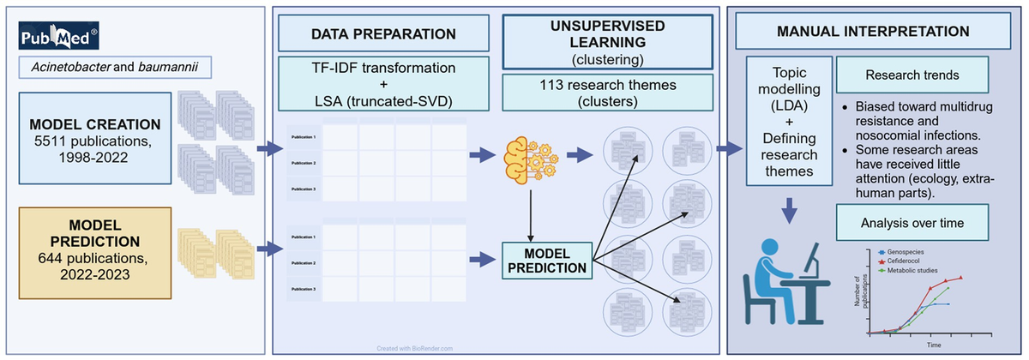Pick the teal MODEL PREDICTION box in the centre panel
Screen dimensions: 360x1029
click(546, 260)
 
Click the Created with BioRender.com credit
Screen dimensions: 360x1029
click(414, 348)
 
